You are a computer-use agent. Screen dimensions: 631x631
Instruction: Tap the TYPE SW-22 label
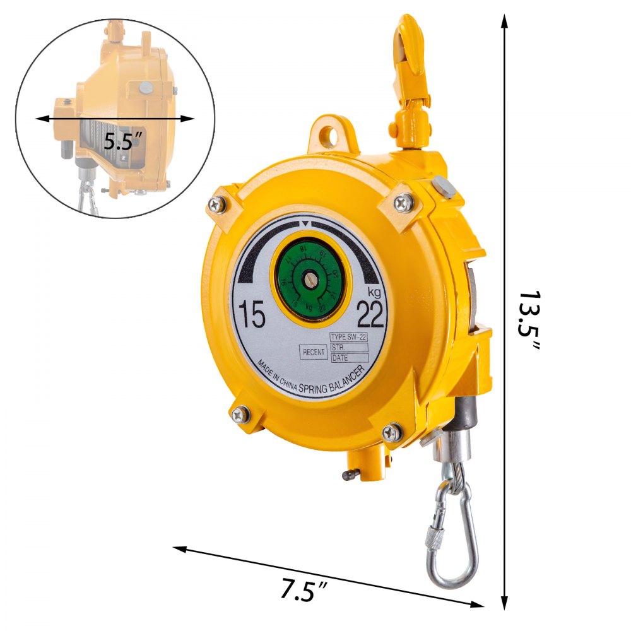tap(349, 338)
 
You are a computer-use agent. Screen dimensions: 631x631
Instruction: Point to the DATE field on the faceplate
tap(349, 358)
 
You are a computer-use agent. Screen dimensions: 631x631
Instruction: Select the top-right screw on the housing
tap(403, 202)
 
